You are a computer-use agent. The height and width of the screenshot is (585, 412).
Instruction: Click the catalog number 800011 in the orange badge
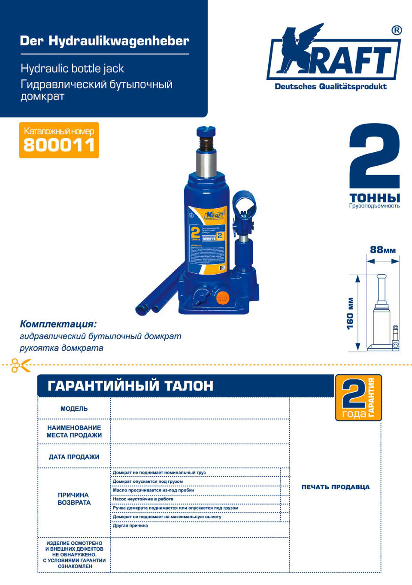pyautogui.click(x=59, y=145)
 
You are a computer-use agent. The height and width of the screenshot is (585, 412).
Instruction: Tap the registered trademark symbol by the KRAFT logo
pyautogui.click(x=397, y=30)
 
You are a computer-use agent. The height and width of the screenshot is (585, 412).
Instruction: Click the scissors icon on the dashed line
pyautogui.click(x=21, y=365)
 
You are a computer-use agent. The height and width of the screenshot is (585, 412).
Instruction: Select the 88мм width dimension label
pyautogui.click(x=382, y=250)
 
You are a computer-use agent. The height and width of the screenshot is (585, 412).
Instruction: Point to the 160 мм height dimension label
pyautogui.click(x=350, y=314)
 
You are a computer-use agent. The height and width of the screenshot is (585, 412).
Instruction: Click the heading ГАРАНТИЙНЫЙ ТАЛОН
pyautogui.click(x=130, y=385)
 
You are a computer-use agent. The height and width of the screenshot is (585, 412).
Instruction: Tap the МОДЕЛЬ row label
pyautogui.click(x=74, y=409)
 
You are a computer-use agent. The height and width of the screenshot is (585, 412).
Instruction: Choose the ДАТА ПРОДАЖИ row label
pyautogui.click(x=74, y=457)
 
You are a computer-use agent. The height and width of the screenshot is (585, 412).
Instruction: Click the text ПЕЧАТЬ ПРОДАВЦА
pyautogui.click(x=335, y=487)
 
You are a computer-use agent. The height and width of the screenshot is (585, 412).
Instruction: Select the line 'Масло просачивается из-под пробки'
pyautogui.click(x=153, y=490)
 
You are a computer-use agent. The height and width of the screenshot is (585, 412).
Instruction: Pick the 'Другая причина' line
pyautogui.click(x=130, y=525)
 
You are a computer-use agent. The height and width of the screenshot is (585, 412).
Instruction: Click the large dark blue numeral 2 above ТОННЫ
pyautogui.click(x=374, y=157)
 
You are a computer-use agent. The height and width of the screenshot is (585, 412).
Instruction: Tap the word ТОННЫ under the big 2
pyautogui.click(x=374, y=198)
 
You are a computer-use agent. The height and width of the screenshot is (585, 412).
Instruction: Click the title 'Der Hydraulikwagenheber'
pyautogui.click(x=104, y=41)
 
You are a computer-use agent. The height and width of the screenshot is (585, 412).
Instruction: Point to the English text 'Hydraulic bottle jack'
pyautogui.click(x=72, y=69)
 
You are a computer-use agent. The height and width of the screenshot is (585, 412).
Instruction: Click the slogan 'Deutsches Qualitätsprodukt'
pyautogui.click(x=330, y=87)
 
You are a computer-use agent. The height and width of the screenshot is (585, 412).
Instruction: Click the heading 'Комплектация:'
pyautogui.click(x=58, y=324)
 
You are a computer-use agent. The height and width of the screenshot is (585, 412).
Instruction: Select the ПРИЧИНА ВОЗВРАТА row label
pyautogui.click(x=74, y=499)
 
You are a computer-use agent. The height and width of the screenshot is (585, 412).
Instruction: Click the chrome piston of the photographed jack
pyautogui.click(x=206, y=163)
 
